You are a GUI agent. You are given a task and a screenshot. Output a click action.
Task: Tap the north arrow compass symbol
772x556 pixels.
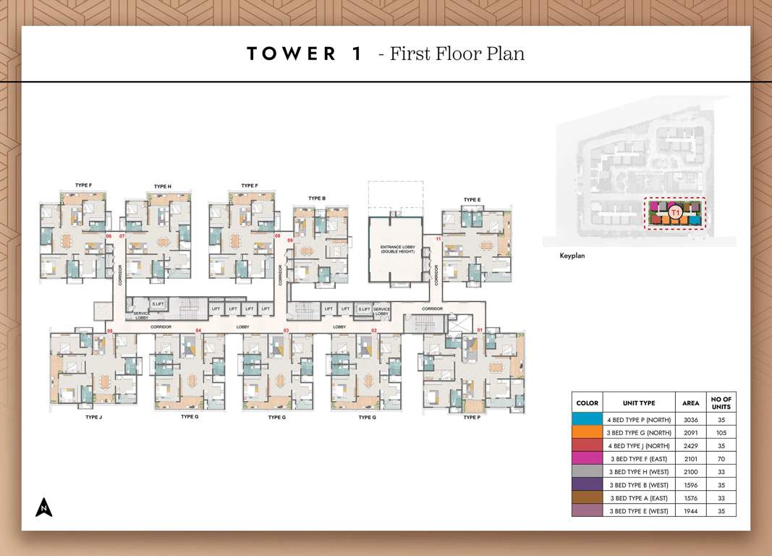pyautogui.click(x=44, y=507)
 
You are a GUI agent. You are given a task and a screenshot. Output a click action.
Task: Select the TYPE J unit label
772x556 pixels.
pyautogui.click(x=94, y=417)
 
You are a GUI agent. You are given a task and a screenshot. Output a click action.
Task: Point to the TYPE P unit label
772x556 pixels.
pyautogui.click(x=471, y=417)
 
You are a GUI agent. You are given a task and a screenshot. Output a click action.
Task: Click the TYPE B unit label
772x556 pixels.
pyautogui.click(x=316, y=198)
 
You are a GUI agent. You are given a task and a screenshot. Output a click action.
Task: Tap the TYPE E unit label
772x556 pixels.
pyautogui.click(x=472, y=199)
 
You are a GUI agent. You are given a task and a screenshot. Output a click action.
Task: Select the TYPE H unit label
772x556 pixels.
pyautogui.click(x=162, y=186)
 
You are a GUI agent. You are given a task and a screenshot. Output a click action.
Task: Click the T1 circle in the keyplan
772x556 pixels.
pyautogui.click(x=675, y=212)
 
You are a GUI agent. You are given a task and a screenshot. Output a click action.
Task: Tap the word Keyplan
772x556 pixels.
pyautogui.click(x=572, y=256)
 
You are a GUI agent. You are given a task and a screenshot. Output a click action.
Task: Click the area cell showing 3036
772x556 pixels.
pyautogui.click(x=690, y=419)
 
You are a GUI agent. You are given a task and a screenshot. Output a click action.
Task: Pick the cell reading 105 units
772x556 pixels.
pyautogui.click(x=721, y=432)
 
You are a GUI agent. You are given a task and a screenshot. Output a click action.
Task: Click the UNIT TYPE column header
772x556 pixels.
pyautogui.click(x=639, y=403)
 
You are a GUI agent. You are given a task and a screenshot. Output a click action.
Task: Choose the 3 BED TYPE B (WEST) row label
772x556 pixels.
pyautogui.click(x=639, y=484)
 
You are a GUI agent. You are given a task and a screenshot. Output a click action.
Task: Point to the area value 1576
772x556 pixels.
pyautogui.click(x=690, y=497)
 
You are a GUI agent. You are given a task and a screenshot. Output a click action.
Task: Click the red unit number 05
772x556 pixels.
pyautogui.click(x=110, y=331)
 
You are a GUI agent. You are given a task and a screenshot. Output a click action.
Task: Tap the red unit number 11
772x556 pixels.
pyautogui.click(x=438, y=238)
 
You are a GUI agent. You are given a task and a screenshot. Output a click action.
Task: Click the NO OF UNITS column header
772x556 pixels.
pyautogui.click(x=721, y=403)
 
